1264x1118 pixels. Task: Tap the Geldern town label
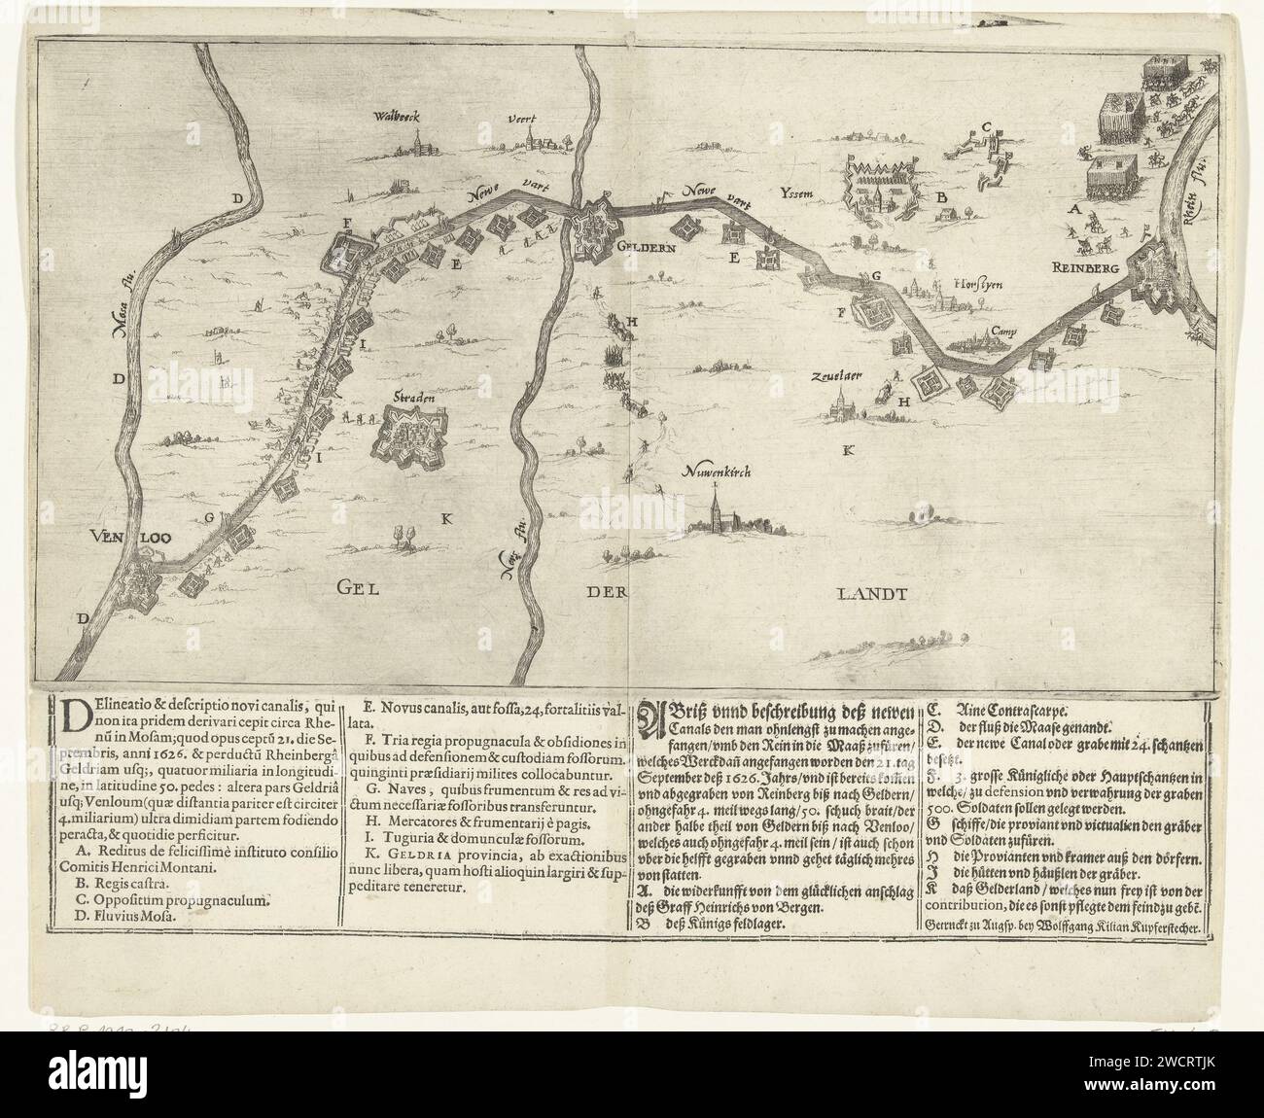pos(642,247)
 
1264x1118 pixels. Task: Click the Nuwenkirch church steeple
pos(717,506)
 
